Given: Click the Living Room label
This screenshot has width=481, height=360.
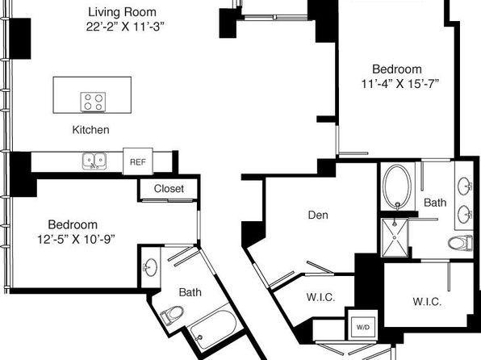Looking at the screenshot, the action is pos(123,12).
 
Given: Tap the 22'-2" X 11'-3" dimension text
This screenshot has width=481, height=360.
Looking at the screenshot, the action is pos(125,27).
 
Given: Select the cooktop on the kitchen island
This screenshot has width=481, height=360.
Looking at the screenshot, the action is pos(94,102).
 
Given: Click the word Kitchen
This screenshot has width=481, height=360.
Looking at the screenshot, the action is pos(91,130).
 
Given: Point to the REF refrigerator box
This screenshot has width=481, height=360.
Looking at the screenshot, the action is pos(138,161).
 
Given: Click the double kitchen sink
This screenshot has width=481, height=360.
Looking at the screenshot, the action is pos(94,161).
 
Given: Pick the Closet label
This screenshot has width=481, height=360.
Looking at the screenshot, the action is pos(169,188).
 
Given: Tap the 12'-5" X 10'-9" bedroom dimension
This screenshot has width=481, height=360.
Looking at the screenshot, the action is pos(77,239).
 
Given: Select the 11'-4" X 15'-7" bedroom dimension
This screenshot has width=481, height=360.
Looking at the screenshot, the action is pos(400,83).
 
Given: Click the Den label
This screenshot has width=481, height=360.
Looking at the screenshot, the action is pos(318,216).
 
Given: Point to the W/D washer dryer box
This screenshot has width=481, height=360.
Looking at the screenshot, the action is pos(363,327).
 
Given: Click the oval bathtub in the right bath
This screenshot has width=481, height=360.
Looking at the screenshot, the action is pos(398,187).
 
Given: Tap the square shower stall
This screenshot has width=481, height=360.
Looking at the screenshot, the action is pos(395,237).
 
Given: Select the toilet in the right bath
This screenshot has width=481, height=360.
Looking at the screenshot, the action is pos(460,243).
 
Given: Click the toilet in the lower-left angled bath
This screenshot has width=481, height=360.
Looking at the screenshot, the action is pos(172,314).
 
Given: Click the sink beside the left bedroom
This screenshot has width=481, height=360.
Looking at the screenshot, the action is pos(150,267).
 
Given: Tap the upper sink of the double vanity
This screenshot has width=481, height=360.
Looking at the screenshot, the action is pos(464,186).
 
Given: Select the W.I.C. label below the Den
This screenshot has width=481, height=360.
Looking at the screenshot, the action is pos(320,297).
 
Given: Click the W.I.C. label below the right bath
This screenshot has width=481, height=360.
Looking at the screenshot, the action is pos(427,302).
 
